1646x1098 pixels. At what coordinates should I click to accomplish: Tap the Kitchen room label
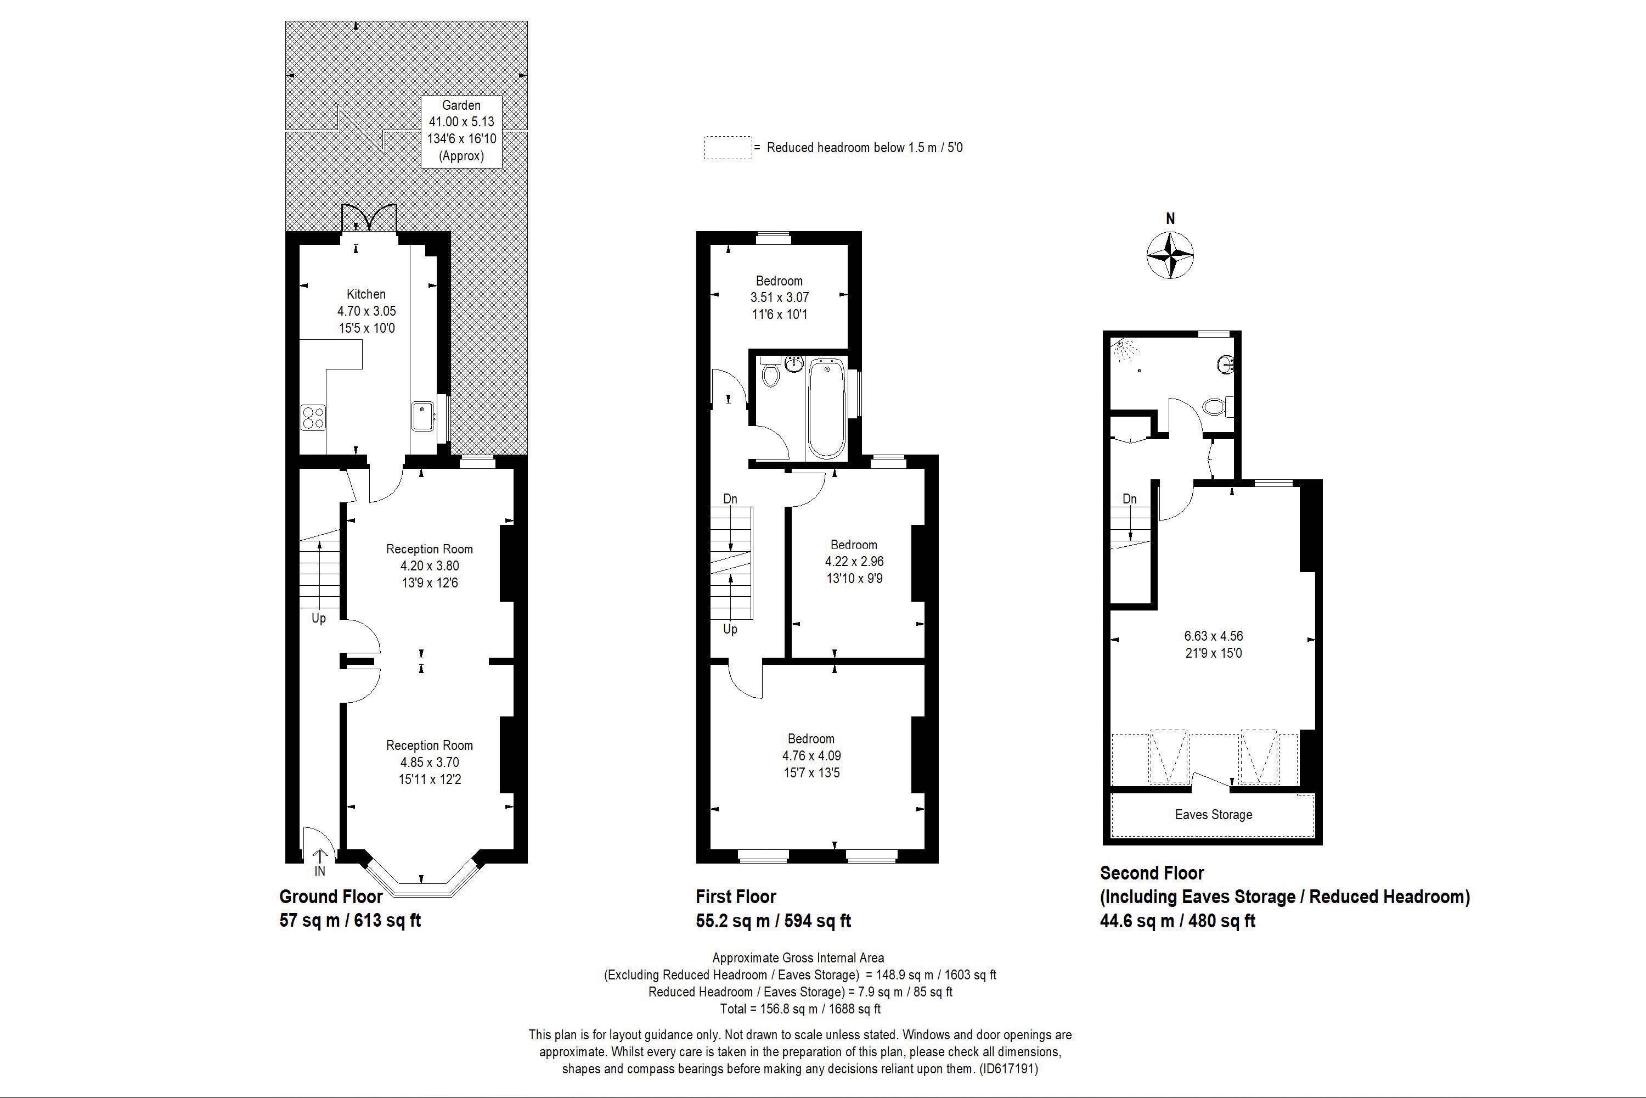click(366, 294)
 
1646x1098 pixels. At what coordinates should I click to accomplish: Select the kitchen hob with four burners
click(313, 417)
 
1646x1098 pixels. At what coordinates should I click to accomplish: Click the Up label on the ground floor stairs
click(318, 618)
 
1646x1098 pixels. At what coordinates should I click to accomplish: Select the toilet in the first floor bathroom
click(770, 373)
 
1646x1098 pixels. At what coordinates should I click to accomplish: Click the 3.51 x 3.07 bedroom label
click(779, 297)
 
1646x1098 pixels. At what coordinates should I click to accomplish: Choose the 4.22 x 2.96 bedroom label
click(853, 561)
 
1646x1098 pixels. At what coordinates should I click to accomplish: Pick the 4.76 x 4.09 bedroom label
click(811, 755)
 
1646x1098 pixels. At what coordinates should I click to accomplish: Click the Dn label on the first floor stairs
click(730, 499)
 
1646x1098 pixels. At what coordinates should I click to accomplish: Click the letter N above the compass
click(1170, 219)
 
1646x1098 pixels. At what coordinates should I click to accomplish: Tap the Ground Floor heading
click(330, 897)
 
